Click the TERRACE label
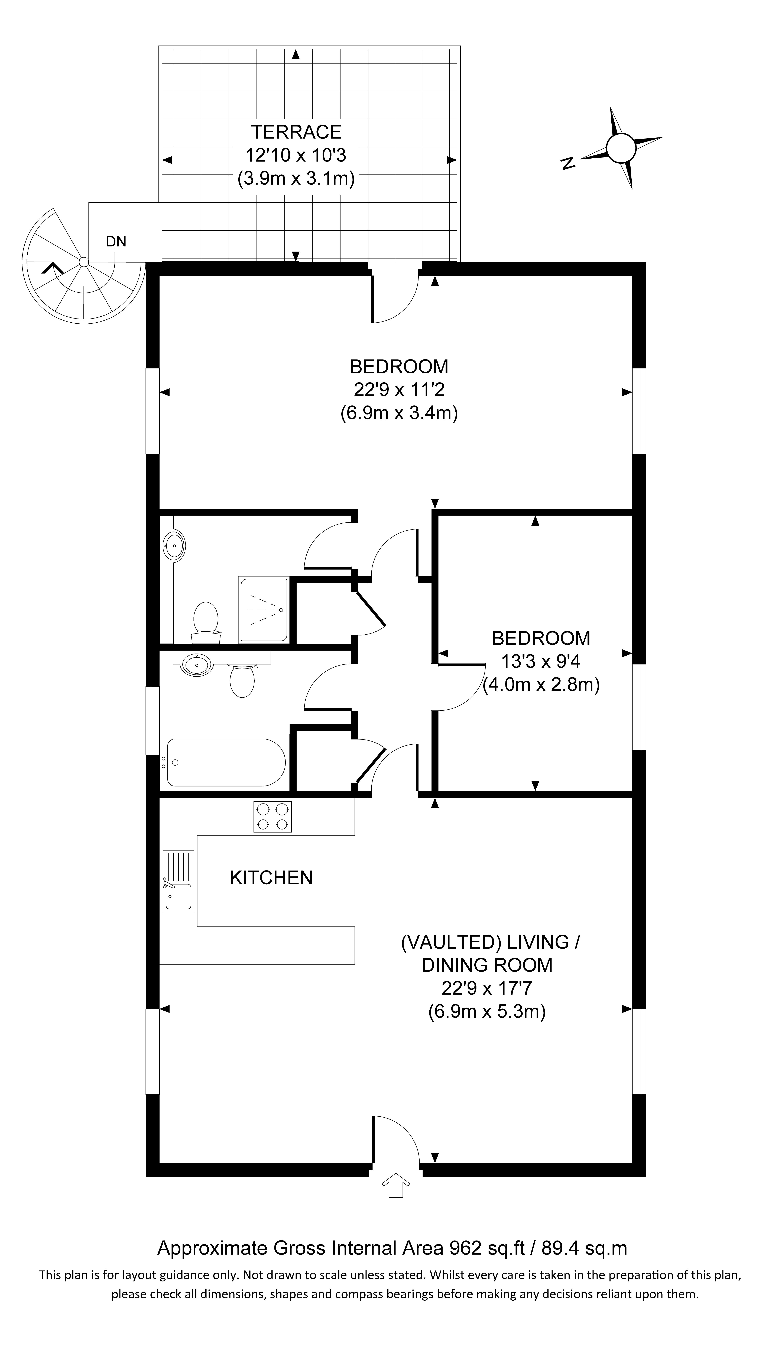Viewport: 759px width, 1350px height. [x=296, y=132]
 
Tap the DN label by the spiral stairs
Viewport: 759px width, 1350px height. [x=116, y=242]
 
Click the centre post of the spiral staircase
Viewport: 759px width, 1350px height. [x=83, y=262]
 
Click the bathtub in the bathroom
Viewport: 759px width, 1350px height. [x=226, y=763]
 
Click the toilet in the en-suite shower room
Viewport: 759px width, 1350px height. [x=206, y=621]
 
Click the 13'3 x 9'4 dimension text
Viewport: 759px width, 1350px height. [x=541, y=661]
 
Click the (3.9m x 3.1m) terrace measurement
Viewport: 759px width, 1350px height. [x=296, y=179]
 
